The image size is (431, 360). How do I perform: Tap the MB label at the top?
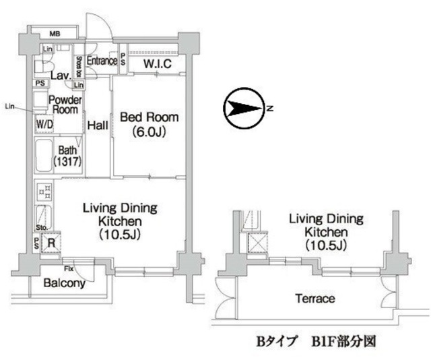(55, 32)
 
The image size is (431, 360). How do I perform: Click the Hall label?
(98, 125)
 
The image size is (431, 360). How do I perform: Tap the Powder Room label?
(65, 104)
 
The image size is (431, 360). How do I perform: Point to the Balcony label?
(64, 284)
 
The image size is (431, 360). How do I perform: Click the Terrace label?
(314, 298)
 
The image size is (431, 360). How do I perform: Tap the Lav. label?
(65, 76)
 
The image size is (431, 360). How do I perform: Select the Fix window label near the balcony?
(69, 260)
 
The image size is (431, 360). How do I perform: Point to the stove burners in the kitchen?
(45, 193)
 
